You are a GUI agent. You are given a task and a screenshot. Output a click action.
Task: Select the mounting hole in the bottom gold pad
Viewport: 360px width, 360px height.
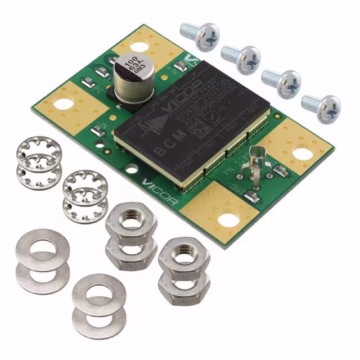[x=227, y=220]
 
